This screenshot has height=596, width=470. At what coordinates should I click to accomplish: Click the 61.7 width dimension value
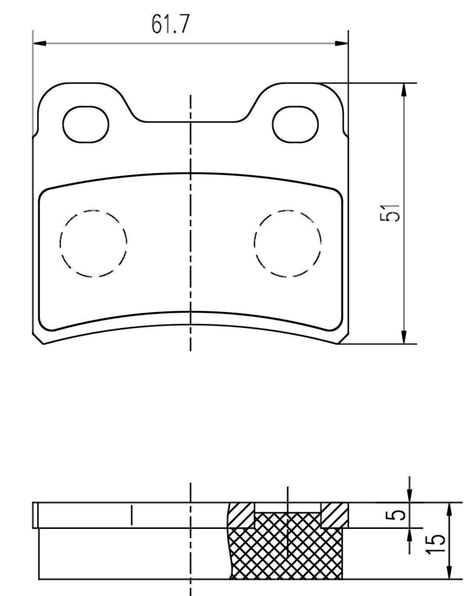[170, 24]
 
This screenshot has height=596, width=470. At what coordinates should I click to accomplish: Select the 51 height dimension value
[390, 213]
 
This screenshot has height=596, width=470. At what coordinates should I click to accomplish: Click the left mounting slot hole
[86, 124]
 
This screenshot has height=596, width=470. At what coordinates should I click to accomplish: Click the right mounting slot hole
[295, 124]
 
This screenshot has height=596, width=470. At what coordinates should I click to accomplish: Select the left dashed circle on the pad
[93, 243]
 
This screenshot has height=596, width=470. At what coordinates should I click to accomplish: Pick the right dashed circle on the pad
[288, 243]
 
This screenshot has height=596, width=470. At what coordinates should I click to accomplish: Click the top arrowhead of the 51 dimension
[404, 89]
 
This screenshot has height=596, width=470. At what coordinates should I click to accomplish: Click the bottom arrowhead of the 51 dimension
[404, 337]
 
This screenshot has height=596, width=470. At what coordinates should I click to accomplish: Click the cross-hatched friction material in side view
[286, 548]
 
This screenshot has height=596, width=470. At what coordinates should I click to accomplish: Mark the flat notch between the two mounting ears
[190, 121]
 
